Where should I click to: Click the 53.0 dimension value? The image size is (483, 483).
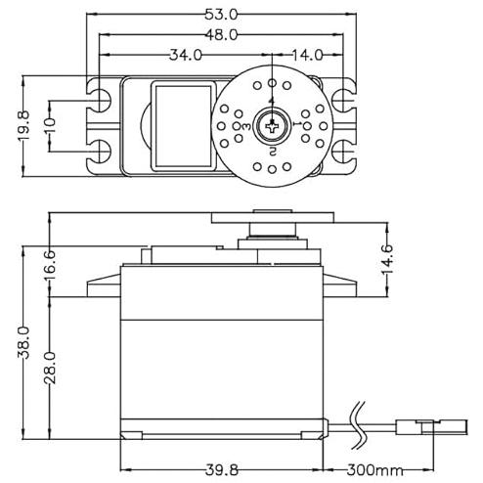(221, 15)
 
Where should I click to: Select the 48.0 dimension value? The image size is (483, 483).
(221, 34)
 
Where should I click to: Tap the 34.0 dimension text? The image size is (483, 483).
(186, 55)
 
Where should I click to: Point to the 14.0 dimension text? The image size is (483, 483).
(307, 55)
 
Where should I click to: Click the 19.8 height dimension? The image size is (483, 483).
(23, 125)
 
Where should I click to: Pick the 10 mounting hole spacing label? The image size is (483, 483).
(50, 125)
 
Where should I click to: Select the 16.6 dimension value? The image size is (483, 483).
(50, 266)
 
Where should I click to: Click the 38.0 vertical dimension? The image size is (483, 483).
(23, 342)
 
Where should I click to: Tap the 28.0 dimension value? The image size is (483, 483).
(50, 368)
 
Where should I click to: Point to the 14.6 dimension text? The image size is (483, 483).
(387, 259)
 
